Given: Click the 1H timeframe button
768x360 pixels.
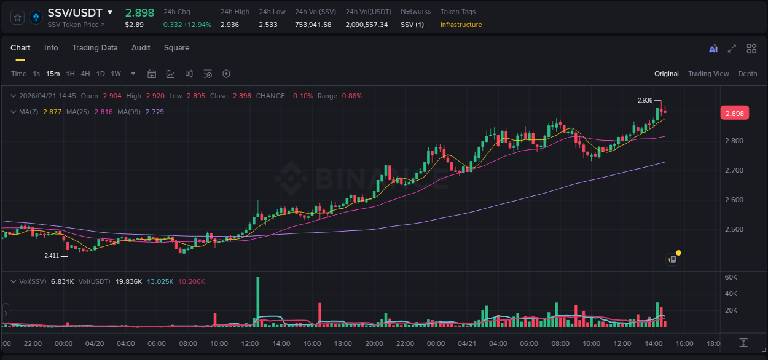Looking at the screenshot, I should pyautogui.click(x=70, y=74).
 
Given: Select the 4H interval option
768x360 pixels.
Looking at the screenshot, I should pyautogui.click(x=85, y=74).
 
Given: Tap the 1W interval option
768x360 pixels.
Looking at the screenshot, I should pyautogui.click(x=116, y=74).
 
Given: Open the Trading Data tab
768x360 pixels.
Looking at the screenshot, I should pyautogui.click(x=95, y=48).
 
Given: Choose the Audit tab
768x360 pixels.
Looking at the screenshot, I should pyautogui.click(x=141, y=48).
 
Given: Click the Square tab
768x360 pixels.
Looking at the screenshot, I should pyautogui.click(x=176, y=48).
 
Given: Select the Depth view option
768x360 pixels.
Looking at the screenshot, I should pyautogui.click(x=747, y=74).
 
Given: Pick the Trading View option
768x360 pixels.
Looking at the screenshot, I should pyautogui.click(x=708, y=74).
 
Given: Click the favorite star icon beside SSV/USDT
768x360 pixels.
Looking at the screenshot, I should pyautogui.click(x=18, y=17).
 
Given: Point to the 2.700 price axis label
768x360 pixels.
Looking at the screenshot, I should pyautogui.click(x=734, y=170).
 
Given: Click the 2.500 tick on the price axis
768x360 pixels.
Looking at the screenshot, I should pyautogui.click(x=734, y=229).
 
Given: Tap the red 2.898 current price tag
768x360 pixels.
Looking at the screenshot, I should pyautogui.click(x=734, y=114).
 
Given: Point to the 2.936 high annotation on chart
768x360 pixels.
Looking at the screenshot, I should pyautogui.click(x=645, y=100).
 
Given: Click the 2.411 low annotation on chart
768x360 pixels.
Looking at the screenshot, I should pyautogui.click(x=52, y=256).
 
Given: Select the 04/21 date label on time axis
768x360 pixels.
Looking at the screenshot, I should pyautogui.click(x=468, y=343).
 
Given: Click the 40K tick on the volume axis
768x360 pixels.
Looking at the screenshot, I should pyautogui.click(x=731, y=294).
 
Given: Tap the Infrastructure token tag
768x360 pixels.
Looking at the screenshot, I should pyautogui.click(x=461, y=25).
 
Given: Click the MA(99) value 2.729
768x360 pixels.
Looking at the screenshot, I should pyautogui.click(x=155, y=112).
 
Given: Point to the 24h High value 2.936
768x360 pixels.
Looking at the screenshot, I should pyautogui.click(x=229, y=25).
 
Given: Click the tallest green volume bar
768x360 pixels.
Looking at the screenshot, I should pyautogui.click(x=257, y=301).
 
